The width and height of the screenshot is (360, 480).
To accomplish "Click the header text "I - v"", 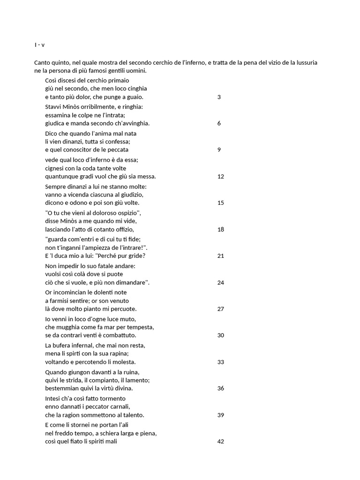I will coord(39,45).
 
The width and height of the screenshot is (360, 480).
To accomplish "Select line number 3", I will coord(219,97).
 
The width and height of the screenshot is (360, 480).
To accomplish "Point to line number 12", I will coord(221,177).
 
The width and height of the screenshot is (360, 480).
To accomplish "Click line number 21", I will coord(221,256).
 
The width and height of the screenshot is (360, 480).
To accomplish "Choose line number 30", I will coord(221,336).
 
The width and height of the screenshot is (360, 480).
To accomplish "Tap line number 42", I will coord(221,442).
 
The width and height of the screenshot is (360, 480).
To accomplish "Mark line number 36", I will coord(221,389).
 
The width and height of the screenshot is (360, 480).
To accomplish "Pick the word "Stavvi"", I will coord(54,106).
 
